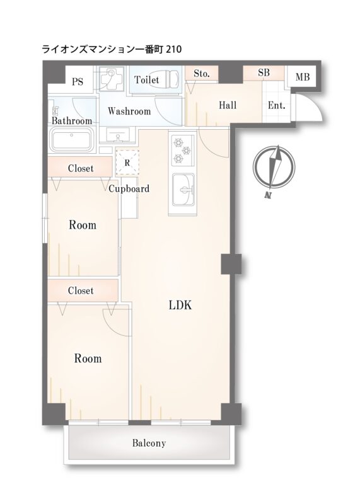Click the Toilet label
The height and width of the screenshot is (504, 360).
click(x=147, y=79)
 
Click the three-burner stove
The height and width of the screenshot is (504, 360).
click(x=183, y=150)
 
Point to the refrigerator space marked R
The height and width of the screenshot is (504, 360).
click(x=127, y=163)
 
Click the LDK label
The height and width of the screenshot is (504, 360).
click(x=180, y=305)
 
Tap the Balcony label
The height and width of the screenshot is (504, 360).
click(x=149, y=444)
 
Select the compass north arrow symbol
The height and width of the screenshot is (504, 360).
click(x=274, y=169)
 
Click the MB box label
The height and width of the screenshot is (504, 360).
click(x=303, y=77)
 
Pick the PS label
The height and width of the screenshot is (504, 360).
click(x=77, y=82)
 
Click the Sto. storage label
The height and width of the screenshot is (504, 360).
click(x=202, y=74)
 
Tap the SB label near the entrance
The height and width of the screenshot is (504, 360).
click(x=264, y=72)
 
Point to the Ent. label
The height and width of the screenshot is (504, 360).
click(x=276, y=105)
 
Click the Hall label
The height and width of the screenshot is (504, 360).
click(x=228, y=105)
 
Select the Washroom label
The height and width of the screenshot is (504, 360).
click(x=129, y=112)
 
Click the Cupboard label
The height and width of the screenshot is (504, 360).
click(x=129, y=188)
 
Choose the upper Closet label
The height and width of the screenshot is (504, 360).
click(x=81, y=168)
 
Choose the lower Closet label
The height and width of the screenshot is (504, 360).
click(x=81, y=290)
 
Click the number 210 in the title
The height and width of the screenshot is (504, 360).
click(x=174, y=49)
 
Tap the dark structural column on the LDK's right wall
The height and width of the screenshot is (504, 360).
click(x=231, y=264)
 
